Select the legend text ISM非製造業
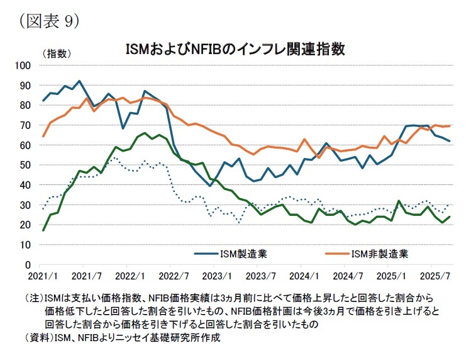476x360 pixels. [380, 254]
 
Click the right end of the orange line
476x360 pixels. [450, 126]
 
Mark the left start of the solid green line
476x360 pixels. [43, 230]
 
